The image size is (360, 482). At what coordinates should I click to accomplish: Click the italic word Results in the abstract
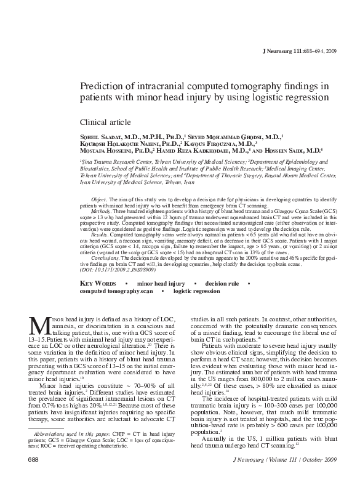(99, 235)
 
